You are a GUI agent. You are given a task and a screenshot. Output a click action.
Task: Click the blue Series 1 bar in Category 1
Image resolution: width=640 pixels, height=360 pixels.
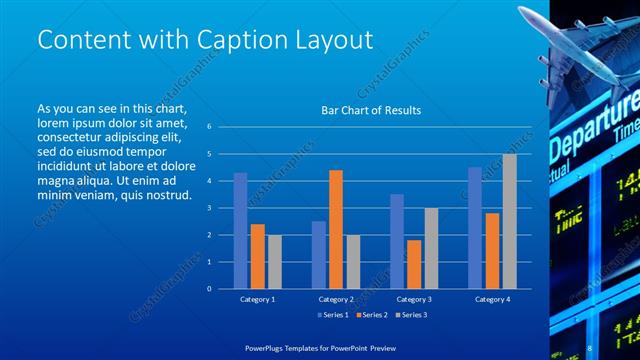click(x=240, y=231)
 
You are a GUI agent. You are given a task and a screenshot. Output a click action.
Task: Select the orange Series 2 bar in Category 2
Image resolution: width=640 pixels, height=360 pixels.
click(x=335, y=229)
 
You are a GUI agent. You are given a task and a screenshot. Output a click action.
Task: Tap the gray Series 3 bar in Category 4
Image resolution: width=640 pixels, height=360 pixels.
click(x=509, y=221)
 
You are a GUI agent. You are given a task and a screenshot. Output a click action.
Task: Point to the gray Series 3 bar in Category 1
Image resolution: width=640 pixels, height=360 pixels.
click(x=274, y=262)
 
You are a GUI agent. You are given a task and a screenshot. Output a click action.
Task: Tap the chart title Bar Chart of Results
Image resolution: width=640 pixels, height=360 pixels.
click(x=370, y=110)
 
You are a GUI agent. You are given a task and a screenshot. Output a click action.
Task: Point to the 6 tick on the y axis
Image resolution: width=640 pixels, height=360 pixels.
click(x=209, y=127)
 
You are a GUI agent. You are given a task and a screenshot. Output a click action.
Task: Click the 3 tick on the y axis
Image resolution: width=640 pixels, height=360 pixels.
click(x=209, y=208)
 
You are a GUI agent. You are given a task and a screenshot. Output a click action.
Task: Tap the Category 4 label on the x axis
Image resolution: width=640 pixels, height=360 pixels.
click(x=491, y=299)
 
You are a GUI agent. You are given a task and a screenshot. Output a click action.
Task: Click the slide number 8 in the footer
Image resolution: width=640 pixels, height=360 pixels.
click(x=590, y=346)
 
